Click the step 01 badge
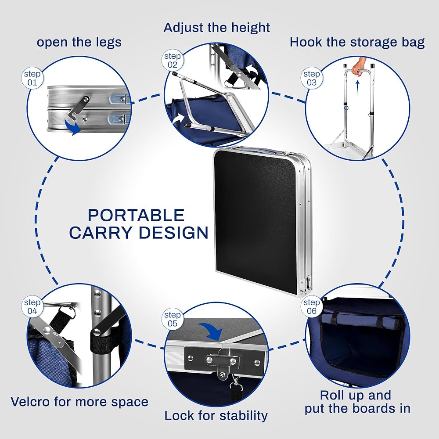tap(32, 78)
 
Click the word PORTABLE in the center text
tap(136, 215)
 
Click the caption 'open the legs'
tap(79, 42)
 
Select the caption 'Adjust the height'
tap(217, 28)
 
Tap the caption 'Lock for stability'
tap(216, 415)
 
